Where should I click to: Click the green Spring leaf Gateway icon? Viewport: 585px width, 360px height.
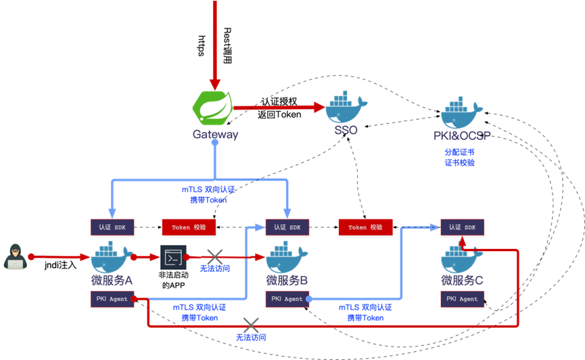point(212,107)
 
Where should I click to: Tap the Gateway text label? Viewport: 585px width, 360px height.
point(215,134)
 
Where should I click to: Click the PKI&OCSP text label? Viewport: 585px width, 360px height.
point(462,136)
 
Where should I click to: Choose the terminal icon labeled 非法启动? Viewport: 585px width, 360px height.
point(172,257)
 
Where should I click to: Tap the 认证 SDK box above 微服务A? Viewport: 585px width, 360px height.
point(112,227)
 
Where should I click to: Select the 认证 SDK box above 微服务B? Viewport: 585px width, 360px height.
point(287,227)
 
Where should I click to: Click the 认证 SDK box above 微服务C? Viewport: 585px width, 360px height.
point(463,227)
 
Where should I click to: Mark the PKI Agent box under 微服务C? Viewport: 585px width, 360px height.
point(463,298)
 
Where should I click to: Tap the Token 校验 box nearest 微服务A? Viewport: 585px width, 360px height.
point(189,227)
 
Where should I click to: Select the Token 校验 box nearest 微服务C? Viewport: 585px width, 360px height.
point(365,227)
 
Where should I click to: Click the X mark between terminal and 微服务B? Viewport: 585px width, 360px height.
point(215,256)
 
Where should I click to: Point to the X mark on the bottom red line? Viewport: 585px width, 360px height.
point(251,325)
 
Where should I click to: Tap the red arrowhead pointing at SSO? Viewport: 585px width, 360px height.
point(319,107)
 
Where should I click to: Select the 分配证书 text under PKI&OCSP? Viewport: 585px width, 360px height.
point(459,152)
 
